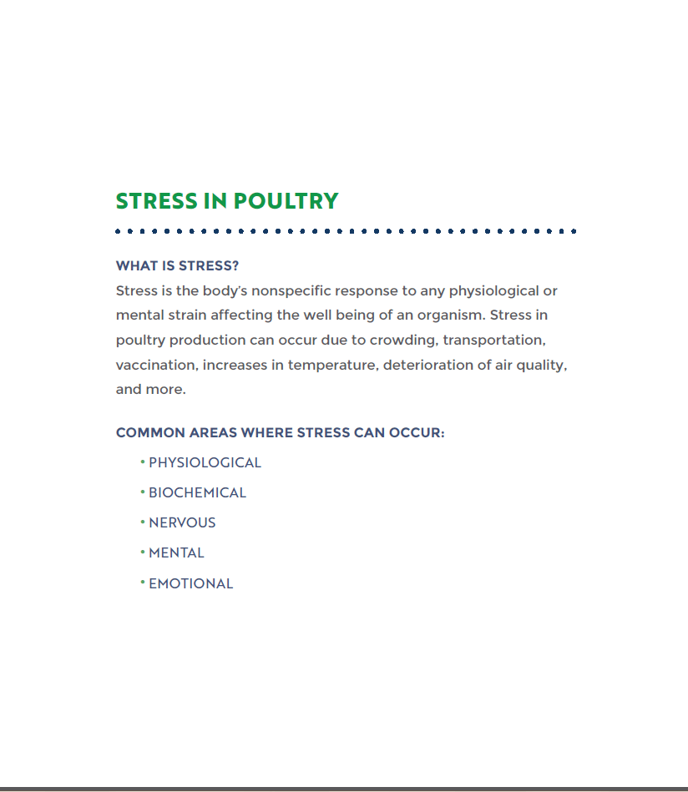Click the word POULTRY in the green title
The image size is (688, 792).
(x=286, y=201)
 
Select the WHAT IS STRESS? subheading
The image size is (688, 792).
(x=177, y=266)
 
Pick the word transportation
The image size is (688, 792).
(x=494, y=341)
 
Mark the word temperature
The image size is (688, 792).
(x=332, y=366)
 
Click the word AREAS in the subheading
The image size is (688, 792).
(x=213, y=433)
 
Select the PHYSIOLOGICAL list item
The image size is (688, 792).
(x=205, y=463)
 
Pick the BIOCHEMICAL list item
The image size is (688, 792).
(x=197, y=493)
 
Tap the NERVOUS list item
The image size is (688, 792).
(x=182, y=523)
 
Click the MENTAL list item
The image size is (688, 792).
(x=176, y=553)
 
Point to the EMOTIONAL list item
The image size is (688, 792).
(x=190, y=584)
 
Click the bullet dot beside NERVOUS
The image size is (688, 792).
(x=143, y=522)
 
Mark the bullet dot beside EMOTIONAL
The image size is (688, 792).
(x=143, y=582)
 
